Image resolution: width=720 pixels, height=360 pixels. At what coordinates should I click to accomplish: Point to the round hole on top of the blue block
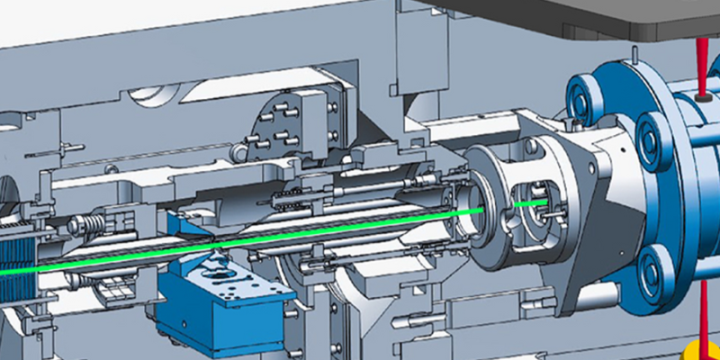tap(214, 267)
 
